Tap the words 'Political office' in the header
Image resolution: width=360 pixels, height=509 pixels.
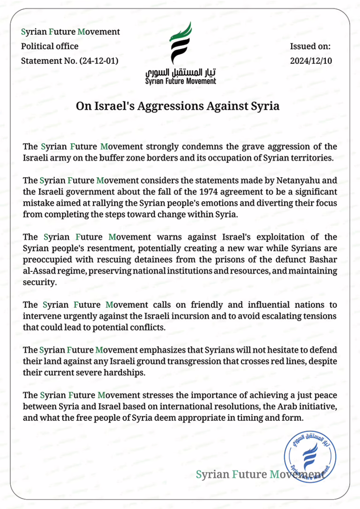tap(50, 46)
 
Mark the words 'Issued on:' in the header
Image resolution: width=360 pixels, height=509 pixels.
tap(311, 46)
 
